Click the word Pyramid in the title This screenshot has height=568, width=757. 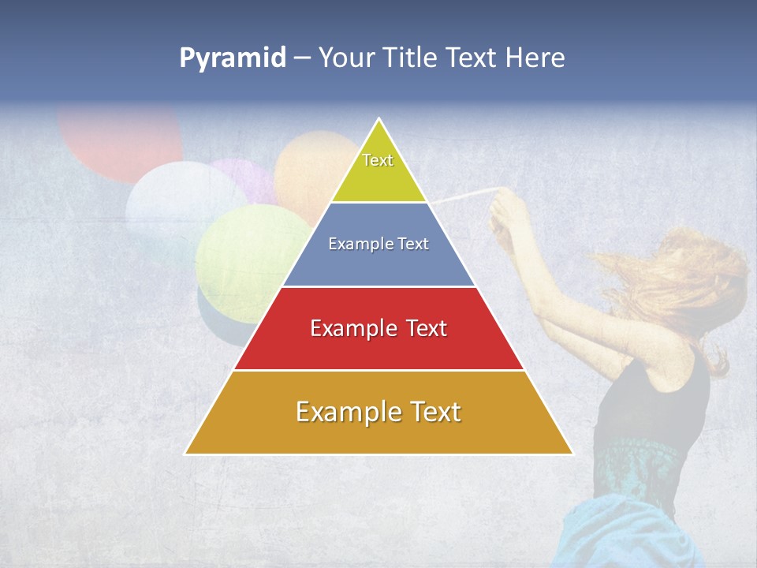coord(232,58)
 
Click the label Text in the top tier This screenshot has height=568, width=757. coord(378,160)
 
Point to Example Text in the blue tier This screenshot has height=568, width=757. coord(378,244)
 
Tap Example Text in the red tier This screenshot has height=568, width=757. coord(378,328)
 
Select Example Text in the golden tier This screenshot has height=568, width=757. coord(378,412)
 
